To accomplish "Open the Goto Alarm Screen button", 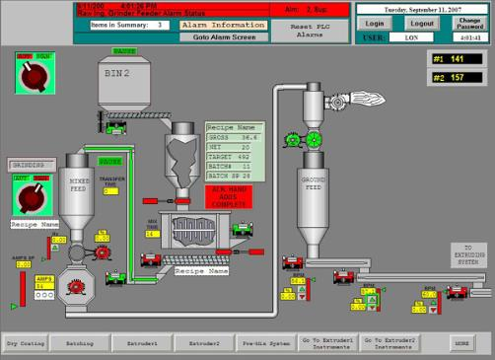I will pos(223,36).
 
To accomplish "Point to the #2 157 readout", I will pos(459,76).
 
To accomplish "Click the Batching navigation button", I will pos(78,343).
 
